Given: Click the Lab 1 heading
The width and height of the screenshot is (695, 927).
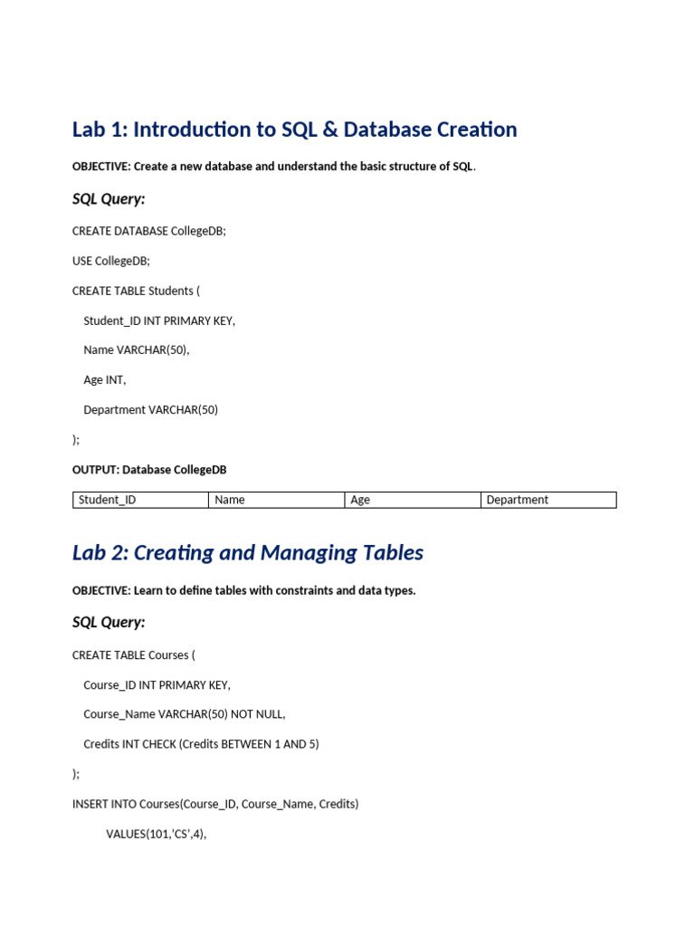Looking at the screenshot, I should click(294, 129).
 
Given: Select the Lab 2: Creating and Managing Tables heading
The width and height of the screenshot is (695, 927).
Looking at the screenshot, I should click(247, 552).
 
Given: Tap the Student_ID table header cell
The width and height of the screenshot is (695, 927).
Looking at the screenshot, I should click(140, 500).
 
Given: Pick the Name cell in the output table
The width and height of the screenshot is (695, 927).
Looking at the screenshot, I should click(276, 500).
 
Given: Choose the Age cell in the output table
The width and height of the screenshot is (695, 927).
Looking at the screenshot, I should click(412, 500).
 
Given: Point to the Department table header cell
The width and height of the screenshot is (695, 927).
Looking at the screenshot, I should click(547, 500).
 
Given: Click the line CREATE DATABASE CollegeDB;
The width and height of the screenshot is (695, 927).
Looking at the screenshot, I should click(148, 231).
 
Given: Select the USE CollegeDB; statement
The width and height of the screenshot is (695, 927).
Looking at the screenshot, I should click(110, 261).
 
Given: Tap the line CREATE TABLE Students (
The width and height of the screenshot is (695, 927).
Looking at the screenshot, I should click(136, 291).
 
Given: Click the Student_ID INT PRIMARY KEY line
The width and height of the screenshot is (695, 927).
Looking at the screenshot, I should click(159, 320).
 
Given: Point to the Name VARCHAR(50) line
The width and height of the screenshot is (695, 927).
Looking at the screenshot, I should click(137, 350).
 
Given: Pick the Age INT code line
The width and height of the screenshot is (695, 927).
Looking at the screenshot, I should click(105, 380).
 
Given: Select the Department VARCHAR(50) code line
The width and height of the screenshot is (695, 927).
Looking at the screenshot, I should click(151, 410).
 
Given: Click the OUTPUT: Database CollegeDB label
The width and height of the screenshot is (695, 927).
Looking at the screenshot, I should click(149, 470).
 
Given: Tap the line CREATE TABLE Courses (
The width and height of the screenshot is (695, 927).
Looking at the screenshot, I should click(133, 655).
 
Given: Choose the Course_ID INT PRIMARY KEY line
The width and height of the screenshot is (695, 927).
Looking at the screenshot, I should click(157, 684).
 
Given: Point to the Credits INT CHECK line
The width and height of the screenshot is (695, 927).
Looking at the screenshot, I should click(201, 744).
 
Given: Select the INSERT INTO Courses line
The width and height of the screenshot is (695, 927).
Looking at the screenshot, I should click(215, 804).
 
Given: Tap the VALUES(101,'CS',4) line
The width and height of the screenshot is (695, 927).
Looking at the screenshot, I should click(156, 834).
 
